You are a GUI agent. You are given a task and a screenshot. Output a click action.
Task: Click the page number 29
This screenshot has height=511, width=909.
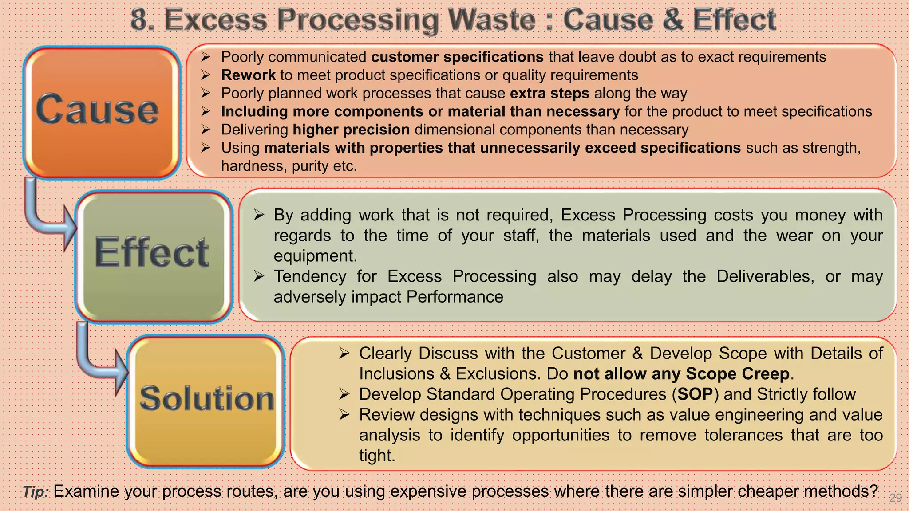pos(895,498)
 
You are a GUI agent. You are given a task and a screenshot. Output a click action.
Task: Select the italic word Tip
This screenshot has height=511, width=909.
pos(36,491)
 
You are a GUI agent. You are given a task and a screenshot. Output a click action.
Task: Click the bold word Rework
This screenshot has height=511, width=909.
pos(248,75)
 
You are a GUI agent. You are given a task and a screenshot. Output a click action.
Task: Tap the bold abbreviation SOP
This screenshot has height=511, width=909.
pos(695,394)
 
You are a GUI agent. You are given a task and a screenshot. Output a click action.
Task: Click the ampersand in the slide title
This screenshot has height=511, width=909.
pos(673,20)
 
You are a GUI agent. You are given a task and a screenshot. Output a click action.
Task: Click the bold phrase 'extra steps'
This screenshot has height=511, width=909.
pos(549,93)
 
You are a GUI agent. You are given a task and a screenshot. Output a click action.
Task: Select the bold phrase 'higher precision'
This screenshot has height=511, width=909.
pos(351,130)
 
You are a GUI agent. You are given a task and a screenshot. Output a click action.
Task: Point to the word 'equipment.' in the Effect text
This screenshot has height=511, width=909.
pos(315,256)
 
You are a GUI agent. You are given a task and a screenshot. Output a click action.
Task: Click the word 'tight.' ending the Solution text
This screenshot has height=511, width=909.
pos(377,456)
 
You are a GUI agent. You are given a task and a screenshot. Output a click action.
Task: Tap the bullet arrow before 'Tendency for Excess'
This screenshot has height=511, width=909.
pos(259,276)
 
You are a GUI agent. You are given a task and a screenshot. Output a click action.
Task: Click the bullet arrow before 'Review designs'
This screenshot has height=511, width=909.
pos(344,415)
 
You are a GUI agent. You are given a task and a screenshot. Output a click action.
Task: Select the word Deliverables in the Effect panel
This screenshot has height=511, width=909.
pos(765,276)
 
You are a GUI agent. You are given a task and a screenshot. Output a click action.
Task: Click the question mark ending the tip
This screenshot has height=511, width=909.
pos(873,491)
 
